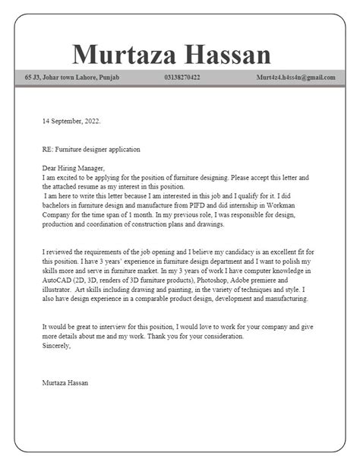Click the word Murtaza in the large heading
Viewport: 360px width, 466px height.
click(x=125, y=55)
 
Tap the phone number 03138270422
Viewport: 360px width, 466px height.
click(x=182, y=78)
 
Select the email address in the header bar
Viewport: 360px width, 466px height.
click(x=295, y=78)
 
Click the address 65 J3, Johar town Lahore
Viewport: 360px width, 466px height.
click(x=71, y=78)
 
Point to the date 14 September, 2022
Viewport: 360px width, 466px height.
click(x=71, y=120)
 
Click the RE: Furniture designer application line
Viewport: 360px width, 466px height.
click(x=92, y=149)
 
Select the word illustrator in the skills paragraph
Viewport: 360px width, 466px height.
click(x=58, y=289)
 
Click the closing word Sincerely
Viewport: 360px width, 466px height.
click(x=56, y=345)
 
